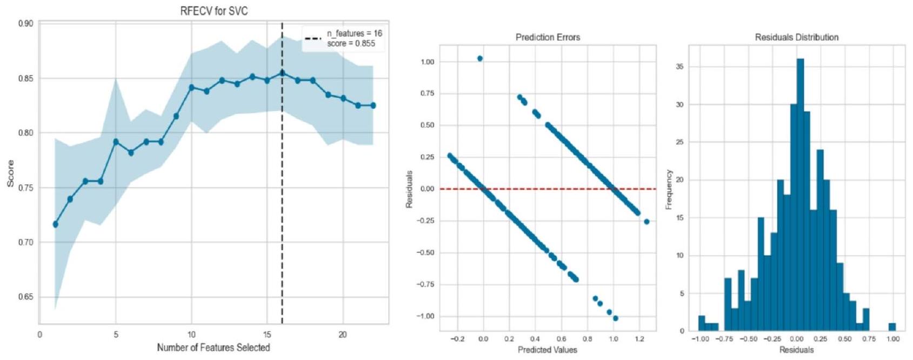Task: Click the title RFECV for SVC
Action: pyautogui.click(x=214, y=11)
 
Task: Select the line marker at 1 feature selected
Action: pyautogui.click(x=55, y=224)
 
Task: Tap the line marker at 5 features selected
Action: pyautogui.click(x=116, y=142)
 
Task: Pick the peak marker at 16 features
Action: pyautogui.click(x=282, y=73)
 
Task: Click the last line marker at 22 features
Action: pyautogui.click(x=373, y=105)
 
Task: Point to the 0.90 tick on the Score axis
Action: pyautogui.click(x=27, y=24)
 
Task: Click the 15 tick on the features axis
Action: pyautogui.click(x=267, y=335)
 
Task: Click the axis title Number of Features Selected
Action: pyautogui.click(x=214, y=348)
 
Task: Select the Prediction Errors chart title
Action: pyautogui.click(x=548, y=38)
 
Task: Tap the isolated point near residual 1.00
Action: pyautogui.click(x=479, y=58)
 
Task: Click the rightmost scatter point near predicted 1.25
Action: pyautogui.click(x=647, y=222)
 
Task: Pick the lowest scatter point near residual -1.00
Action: pyautogui.click(x=615, y=318)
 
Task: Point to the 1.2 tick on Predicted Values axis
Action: pyautogui.click(x=639, y=339)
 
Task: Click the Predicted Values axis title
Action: pyautogui.click(x=548, y=350)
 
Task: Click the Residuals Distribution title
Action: pyautogui.click(x=797, y=38)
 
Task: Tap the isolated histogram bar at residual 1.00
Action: pyautogui.click(x=892, y=327)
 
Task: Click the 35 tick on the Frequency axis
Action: pyautogui.click(x=679, y=67)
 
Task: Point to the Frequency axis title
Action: pyautogui.click(x=669, y=189)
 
